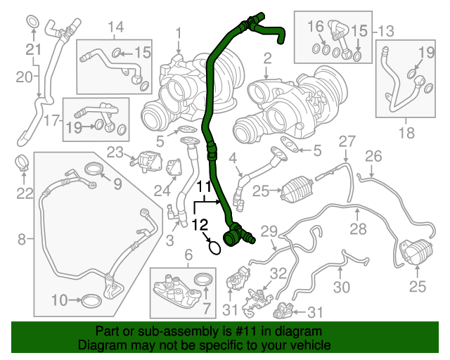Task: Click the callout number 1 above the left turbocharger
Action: [x=179, y=32]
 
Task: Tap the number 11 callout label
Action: [x=203, y=187]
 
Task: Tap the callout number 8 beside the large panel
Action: [x=22, y=240]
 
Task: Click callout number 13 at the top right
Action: [x=386, y=31]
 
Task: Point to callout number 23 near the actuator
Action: [x=115, y=151]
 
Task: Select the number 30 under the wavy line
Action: [x=341, y=287]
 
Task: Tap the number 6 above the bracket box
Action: [x=188, y=254]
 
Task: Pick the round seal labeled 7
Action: [x=203, y=280]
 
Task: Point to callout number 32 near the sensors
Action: [x=278, y=274]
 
